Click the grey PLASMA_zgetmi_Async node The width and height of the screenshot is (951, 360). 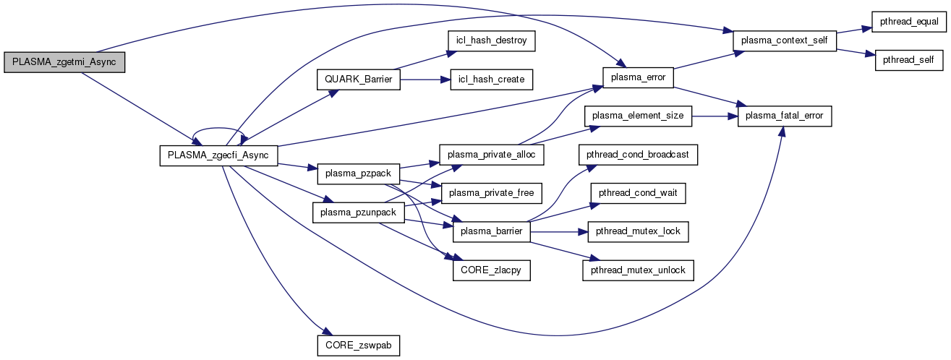64,63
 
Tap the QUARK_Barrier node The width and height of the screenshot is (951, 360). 358,79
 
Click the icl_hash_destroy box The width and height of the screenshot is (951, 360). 492,41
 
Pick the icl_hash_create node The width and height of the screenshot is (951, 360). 491,79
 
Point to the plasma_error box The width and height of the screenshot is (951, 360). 639,75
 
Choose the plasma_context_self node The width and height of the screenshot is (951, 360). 785,40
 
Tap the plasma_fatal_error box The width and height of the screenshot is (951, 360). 785,116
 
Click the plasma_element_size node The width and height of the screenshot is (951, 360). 639,116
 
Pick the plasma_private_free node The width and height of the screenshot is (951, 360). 492,192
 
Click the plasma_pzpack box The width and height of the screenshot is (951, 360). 349,173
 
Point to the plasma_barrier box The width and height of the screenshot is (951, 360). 492,231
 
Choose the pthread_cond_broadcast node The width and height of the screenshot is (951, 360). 639,155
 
